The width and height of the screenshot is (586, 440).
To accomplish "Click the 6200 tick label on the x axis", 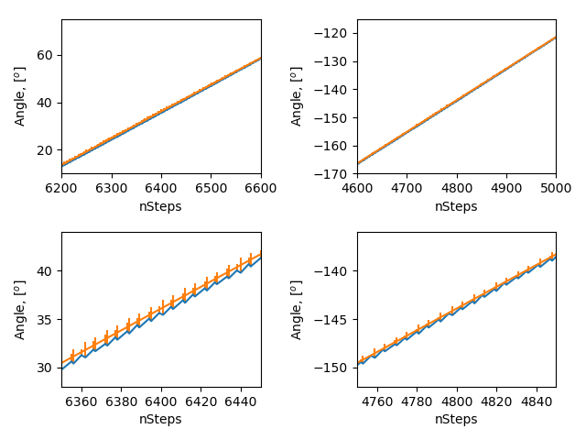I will coord(61,188).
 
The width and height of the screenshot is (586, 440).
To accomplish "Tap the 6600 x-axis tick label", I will coord(261,188).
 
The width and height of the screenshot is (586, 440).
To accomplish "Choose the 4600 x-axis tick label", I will coord(357,188).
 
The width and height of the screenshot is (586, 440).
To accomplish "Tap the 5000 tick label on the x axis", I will coord(556,188).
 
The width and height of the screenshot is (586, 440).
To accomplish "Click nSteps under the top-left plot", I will coord(161,206).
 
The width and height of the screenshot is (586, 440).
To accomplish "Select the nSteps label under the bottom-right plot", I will coord(456,419).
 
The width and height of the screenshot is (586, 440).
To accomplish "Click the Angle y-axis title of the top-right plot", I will coord(297,96).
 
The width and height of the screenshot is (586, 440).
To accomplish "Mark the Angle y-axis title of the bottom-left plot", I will coord(20,309).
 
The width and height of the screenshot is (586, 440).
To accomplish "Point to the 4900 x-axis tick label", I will coord(506,188).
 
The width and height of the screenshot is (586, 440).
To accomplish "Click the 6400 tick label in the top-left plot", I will coord(161,188).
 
